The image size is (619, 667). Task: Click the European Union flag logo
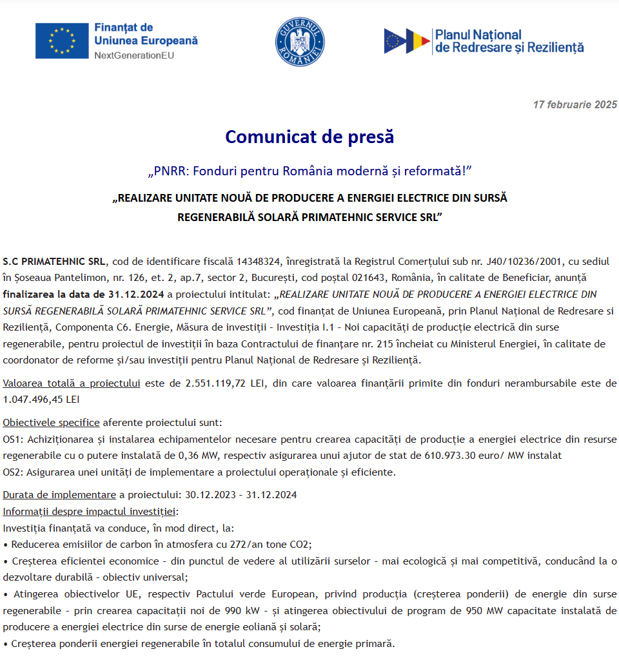[x=62, y=41]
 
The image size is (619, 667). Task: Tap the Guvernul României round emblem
[x=300, y=41]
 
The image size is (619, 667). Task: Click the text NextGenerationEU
[x=134, y=55]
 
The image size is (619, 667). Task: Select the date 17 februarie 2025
[x=575, y=104]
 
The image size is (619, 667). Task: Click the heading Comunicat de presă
[x=309, y=137]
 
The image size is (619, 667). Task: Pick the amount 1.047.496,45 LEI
[x=41, y=400]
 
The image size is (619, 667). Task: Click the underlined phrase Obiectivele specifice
[x=51, y=423]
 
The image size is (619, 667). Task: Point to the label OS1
[x=12, y=440]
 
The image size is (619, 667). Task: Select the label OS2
[x=12, y=472]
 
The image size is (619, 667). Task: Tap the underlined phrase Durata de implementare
[x=59, y=495]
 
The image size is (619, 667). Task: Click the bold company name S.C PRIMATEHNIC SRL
[x=54, y=262]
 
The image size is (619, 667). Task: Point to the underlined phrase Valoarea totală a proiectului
[x=72, y=383]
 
